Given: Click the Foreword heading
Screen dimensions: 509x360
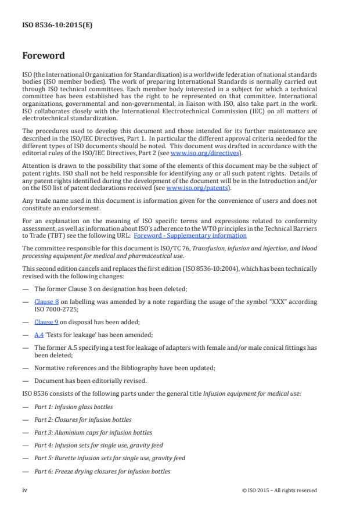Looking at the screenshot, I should point(43,56).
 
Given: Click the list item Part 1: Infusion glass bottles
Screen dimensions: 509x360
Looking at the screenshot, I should point(73,407).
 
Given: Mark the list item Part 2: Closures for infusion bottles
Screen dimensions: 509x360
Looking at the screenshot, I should point(82,420).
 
